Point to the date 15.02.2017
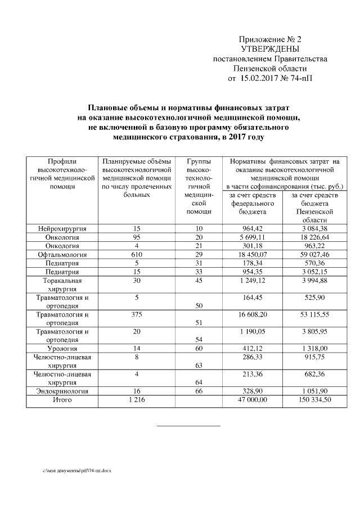[260, 78]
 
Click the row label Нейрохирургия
[62, 229]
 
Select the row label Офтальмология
[62, 255]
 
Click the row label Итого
[62, 399]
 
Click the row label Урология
[62, 349]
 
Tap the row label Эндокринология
[62, 390]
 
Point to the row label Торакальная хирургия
[62, 285]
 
